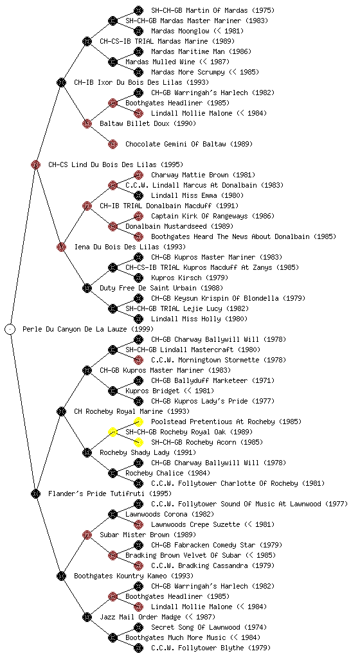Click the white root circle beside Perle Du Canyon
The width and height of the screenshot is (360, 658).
pyautogui.click(x=10, y=329)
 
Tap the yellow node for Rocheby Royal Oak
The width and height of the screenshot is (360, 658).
pyautogui.click(x=113, y=432)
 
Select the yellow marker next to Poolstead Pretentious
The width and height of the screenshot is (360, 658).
pyautogui.click(x=138, y=422)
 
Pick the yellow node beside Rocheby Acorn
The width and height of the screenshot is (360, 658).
pyautogui.click(x=138, y=442)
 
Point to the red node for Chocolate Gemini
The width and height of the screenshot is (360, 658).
pyautogui.click(x=113, y=145)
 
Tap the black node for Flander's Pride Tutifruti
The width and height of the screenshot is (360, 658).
pyautogui.click(x=35, y=493)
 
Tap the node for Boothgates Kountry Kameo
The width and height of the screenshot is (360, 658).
pyautogui.click(x=61, y=576)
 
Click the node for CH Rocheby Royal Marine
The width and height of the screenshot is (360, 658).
pyautogui.click(x=61, y=411)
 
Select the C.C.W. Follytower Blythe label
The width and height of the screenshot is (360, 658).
pyautogui.click(x=211, y=648)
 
